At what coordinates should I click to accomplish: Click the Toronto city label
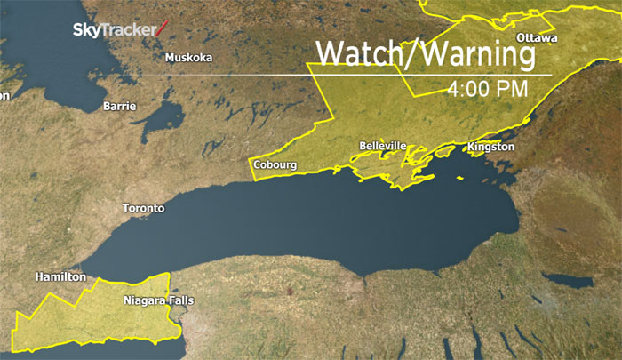pos(143,208)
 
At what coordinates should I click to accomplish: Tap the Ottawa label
pos(537,38)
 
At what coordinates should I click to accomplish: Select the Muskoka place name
pos(188,59)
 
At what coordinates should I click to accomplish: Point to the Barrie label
pos(120,107)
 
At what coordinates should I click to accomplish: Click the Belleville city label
pos(383,146)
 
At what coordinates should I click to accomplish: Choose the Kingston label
pos(490,146)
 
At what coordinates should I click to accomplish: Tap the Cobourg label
pos(275,164)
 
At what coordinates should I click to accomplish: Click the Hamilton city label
pos(60,277)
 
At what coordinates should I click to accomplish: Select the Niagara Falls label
pos(159,300)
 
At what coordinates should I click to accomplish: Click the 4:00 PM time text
pos(488,89)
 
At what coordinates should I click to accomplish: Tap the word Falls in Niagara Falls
pos(179,300)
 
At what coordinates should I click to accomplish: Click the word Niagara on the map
pos(143,300)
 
